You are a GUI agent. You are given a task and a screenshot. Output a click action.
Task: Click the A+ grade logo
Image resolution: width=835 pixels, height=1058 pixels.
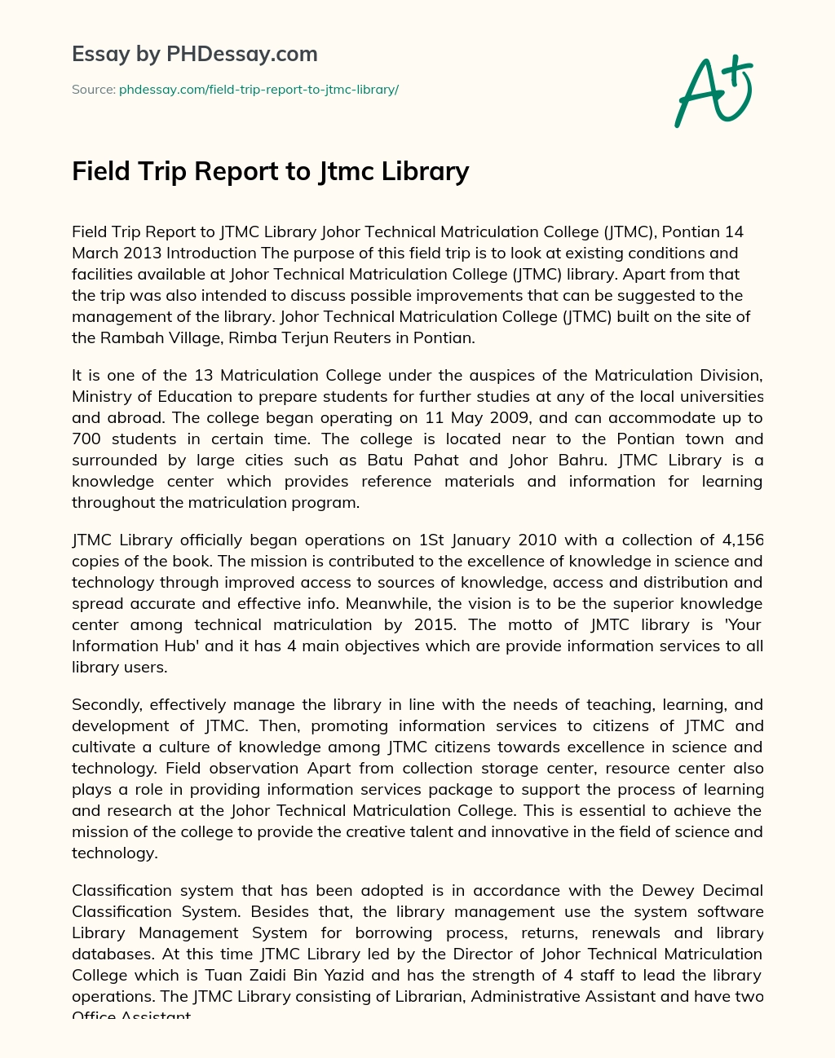tap(714, 90)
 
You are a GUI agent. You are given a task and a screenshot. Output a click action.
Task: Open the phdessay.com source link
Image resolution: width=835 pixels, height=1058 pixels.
tap(258, 90)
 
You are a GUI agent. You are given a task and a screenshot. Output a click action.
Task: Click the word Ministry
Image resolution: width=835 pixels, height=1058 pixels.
tap(101, 397)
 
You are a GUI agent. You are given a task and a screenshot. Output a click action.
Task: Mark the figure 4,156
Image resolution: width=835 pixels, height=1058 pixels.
tap(742, 540)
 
